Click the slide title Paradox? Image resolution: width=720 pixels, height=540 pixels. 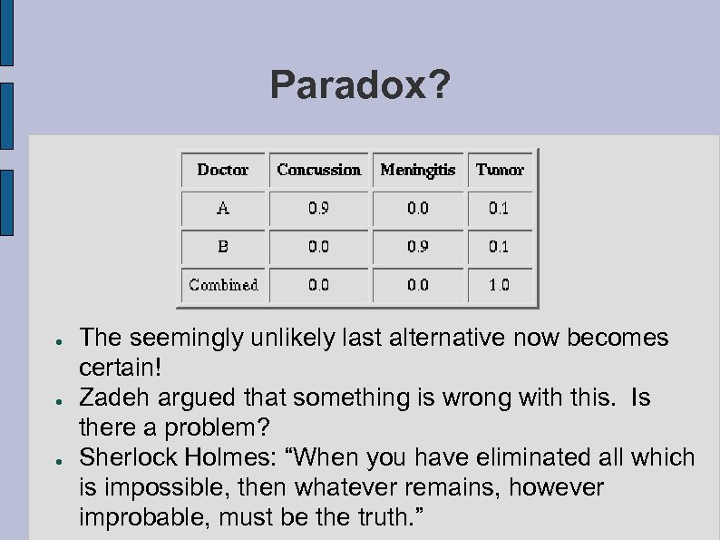tap(359, 86)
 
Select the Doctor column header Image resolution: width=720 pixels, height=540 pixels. tap(222, 170)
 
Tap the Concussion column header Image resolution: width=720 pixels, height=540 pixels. tap(318, 170)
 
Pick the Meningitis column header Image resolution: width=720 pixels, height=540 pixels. tap(417, 171)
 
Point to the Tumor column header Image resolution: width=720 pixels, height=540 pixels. tap(500, 170)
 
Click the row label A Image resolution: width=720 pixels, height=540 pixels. tap(223, 208)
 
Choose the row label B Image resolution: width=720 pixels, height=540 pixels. tap(223, 246)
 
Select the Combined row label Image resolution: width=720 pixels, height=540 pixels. tap(223, 284)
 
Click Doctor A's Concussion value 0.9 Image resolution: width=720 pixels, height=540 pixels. tap(318, 208)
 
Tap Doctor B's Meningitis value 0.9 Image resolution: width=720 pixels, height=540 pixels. tap(417, 246)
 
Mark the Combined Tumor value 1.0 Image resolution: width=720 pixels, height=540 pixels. tap(500, 284)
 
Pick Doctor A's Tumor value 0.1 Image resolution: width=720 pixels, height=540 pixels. tap(500, 208)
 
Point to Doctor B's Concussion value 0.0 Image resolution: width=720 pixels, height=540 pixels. tap(318, 246)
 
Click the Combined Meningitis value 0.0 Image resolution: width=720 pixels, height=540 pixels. tap(417, 284)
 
